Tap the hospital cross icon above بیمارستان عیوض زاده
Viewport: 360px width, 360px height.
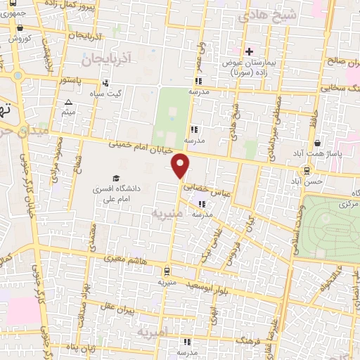pyautogui.click(x=249, y=51)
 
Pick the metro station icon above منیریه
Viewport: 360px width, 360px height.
pyautogui.click(x=166, y=270)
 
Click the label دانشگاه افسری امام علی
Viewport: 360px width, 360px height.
pyautogui.click(x=123, y=194)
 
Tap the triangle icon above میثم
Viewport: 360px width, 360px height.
pyautogui.click(x=68, y=103)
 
